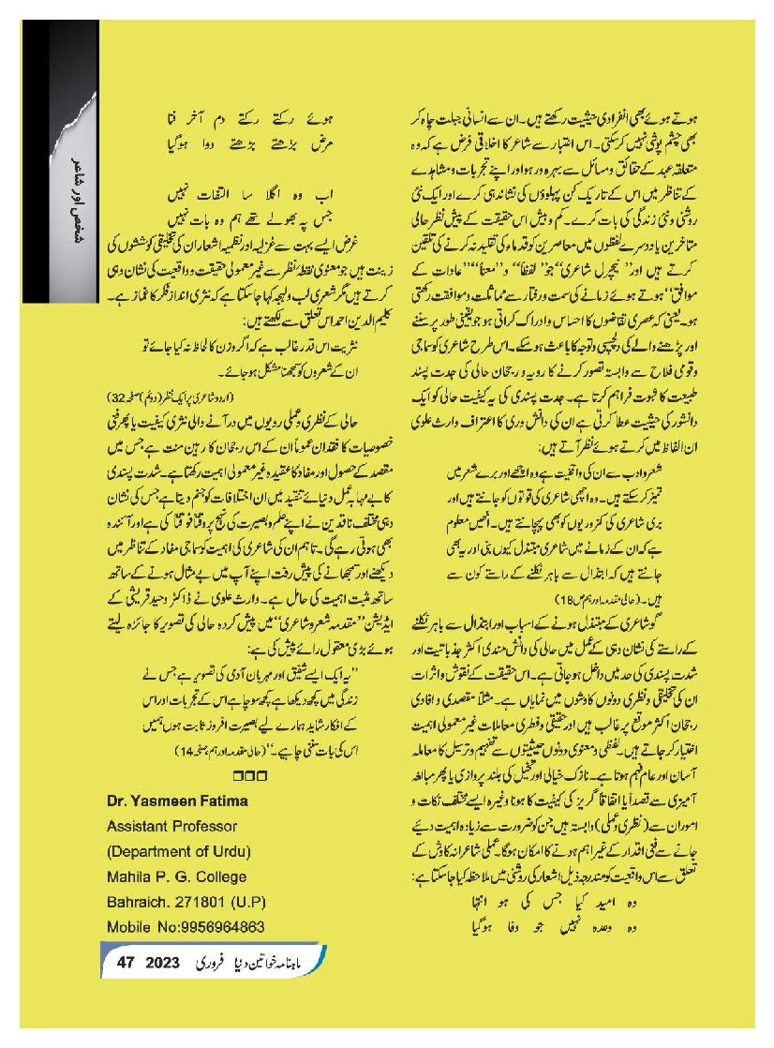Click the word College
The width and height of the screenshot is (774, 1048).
[218, 877]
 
